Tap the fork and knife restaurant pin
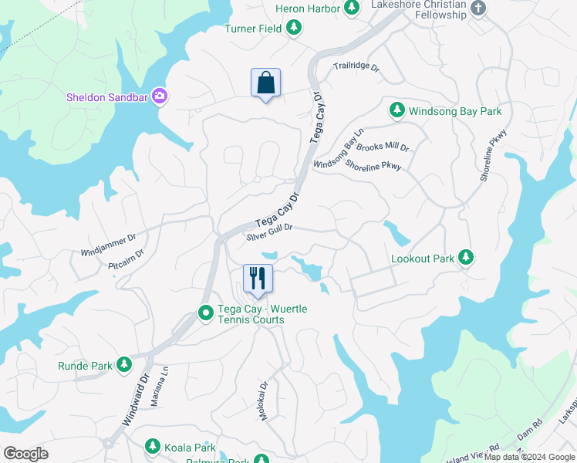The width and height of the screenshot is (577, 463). tap(258, 279)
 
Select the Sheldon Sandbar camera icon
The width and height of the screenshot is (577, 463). tap(160, 96)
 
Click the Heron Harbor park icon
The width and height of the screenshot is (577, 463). tap(352, 8)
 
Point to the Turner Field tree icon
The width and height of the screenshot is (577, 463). tap(293, 29)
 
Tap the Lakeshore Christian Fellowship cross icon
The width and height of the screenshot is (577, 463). tap(478, 8)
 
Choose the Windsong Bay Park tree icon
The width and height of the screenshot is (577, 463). tap(397, 111)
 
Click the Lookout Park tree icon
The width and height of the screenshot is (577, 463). tap(465, 259)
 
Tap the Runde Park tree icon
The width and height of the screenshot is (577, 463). tap(124, 366)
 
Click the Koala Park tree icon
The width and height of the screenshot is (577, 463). tap(152, 447)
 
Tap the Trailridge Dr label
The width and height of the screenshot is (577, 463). tap(356, 67)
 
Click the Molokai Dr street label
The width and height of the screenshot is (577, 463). tap(263, 400)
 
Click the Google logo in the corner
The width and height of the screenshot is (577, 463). tap(25, 454)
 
